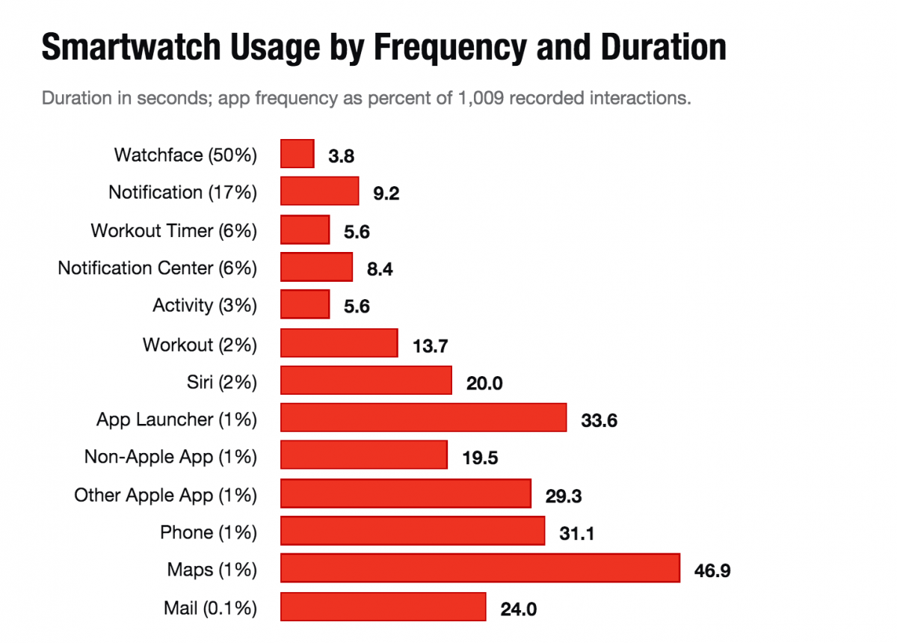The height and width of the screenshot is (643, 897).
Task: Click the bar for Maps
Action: click(480, 568)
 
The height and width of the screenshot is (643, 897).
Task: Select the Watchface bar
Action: click(298, 154)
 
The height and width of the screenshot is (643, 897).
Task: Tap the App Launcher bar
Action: click(423, 418)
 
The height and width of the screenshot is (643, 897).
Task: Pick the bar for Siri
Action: click(366, 381)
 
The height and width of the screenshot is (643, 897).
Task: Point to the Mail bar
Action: click(383, 606)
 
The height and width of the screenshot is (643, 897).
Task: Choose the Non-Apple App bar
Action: click(364, 455)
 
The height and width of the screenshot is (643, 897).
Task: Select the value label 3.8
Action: click(341, 157)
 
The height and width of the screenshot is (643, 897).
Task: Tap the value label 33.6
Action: click(599, 421)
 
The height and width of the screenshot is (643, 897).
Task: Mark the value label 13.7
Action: click(430, 346)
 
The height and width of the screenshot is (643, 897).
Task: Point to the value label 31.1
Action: click(576, 534)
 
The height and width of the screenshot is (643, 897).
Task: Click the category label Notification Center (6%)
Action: click(157, 268)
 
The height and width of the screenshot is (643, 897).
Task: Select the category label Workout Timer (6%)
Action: click(173, 230)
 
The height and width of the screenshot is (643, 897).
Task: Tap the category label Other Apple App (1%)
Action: click(165, 495)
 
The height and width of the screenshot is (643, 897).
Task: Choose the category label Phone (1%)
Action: click(208, 532)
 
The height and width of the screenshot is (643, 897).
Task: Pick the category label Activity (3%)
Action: click(204, 305)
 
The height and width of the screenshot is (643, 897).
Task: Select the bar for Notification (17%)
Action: click(320, 191)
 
